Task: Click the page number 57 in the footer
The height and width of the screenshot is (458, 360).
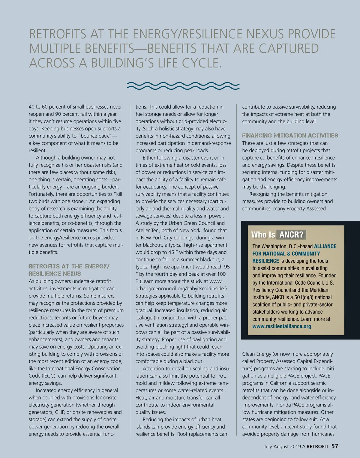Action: (x=334, y=446)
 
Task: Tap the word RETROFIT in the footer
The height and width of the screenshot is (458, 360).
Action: (x=317, y=447)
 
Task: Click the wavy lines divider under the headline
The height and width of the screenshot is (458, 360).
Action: (x=183, y=86)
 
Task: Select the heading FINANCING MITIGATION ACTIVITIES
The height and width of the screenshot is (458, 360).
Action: (x=290, y=136)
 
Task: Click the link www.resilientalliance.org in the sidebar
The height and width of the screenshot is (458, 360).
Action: (x=282, y=326)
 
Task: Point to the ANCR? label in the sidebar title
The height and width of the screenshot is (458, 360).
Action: (x=291, y=235)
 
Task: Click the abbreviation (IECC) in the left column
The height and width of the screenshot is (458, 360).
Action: (x=49, y=376)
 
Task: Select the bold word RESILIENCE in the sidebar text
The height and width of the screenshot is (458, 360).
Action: (x=265, y=261)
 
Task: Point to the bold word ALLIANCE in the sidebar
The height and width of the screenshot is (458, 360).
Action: (x=325, y=246)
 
